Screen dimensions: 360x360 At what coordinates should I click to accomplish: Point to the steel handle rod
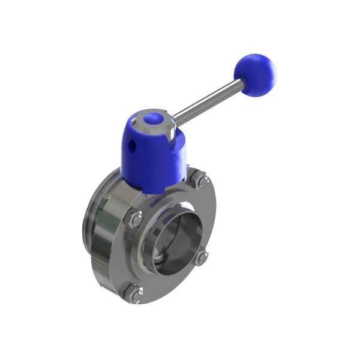click(207, 102)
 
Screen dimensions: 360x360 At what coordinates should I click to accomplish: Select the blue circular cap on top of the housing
click(152, 119)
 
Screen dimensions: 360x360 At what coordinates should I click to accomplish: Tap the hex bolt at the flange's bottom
click(133, 294)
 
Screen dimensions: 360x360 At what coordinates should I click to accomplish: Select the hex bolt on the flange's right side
click(203, 257)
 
